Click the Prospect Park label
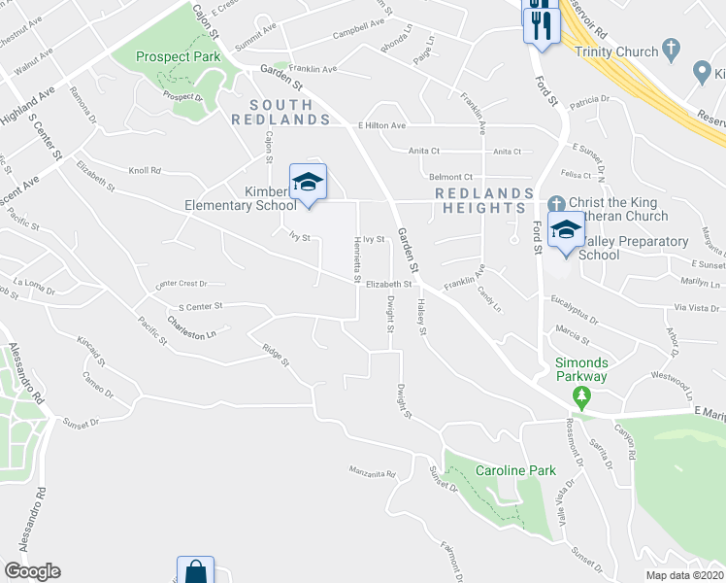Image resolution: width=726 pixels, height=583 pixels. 179,57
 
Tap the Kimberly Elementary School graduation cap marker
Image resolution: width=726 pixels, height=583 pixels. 308,182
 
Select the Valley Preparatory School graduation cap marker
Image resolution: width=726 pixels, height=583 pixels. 565,231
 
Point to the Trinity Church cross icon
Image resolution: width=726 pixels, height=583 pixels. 671,50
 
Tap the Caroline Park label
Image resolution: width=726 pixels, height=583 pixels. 515,470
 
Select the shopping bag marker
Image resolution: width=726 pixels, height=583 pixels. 195,570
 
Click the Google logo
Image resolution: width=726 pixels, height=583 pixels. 32,571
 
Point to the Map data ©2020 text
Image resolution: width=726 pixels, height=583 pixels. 683,575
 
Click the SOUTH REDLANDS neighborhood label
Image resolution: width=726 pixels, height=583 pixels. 280,112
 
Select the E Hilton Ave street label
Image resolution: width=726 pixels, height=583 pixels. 381,125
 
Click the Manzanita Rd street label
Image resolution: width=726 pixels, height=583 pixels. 373,474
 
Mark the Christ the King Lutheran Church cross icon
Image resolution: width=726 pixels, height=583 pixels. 556,204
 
